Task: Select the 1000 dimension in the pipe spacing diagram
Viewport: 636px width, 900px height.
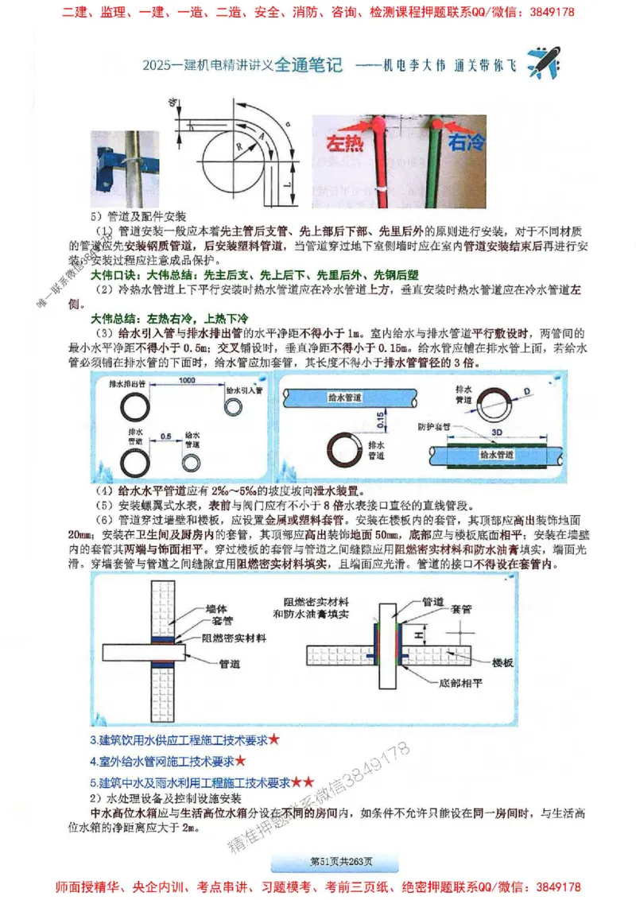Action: pos(188,382)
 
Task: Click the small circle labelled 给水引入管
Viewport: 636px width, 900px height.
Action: pos(235,407)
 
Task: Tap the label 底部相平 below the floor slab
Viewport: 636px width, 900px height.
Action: pos(460,682)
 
